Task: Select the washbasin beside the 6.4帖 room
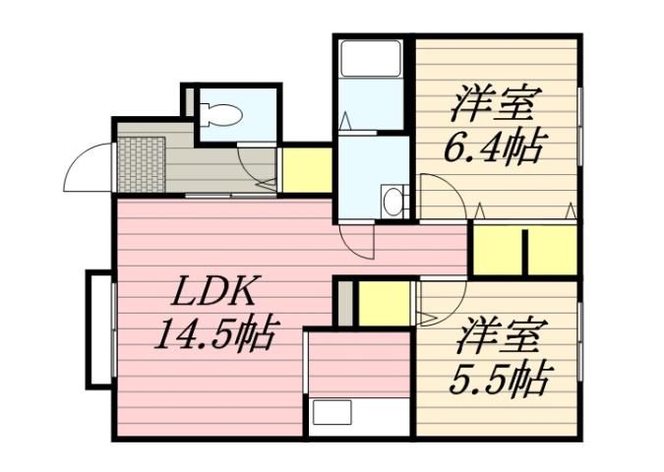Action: (x=392, y=202)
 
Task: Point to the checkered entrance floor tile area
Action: (x=141, y=163)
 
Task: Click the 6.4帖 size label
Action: (x=495, y=148)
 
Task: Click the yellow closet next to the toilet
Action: (x=306, y=170)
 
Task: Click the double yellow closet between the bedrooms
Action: (x=523, y=251)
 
